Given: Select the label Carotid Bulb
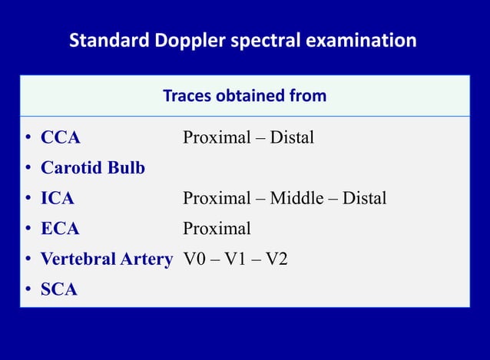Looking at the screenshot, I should coord(92,168).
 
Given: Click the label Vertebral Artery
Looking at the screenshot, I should coord(106,259).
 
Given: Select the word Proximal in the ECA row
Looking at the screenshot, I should coord(217,229).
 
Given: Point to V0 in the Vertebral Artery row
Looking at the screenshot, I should coord(195,259).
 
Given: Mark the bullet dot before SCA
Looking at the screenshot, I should coord(27,290).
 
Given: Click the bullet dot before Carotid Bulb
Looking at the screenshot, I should coord(27,168).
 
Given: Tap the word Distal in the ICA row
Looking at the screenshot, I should coord(364,199).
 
